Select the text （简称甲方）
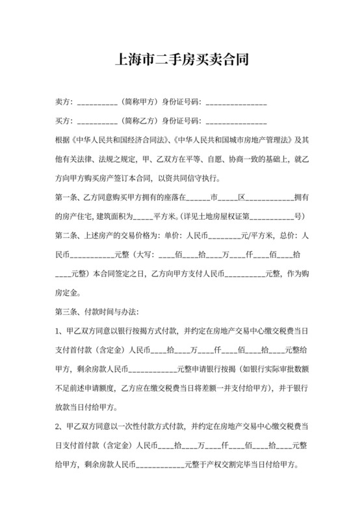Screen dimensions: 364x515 point(138,103)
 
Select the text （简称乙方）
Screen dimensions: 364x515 point(138,121)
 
